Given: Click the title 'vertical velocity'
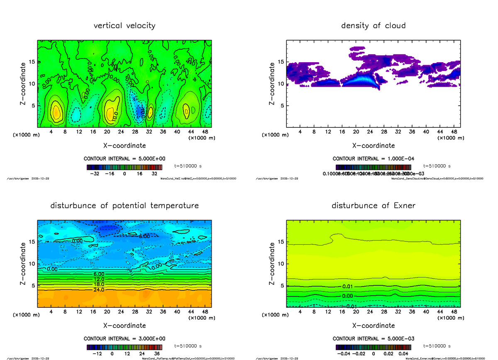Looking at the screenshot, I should pyautogui.click(x=124, y=26).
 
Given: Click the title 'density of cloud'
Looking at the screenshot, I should pyautogui.click(x=373, y=26).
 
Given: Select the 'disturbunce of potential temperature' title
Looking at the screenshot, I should pyautogui.click(x=124, y=206).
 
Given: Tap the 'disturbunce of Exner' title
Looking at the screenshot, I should pyautogui.click(x=373, y=206).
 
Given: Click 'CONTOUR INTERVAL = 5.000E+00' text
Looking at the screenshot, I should pyautogui.click(x=124, y=159).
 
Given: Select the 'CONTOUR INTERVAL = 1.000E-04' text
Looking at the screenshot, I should pyautogui.click(x=373, y=159).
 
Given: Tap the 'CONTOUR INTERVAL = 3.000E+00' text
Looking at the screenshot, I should pyautogui.click(x=124, y=339).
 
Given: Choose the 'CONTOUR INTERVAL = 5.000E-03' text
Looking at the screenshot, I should pyautogui.click(x=373, y=339).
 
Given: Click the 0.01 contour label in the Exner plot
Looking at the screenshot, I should pyautogui.click(x=348, y=287).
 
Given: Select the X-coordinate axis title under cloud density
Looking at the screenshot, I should pyautogui.click(x=373, y=146).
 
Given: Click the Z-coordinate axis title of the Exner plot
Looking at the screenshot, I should pyautogui.click(x=272, y=264).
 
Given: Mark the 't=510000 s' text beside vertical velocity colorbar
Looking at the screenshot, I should pyautogui.click(x=188, y=166).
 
